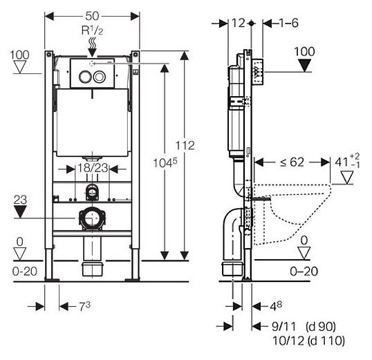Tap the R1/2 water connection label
click(92, 32)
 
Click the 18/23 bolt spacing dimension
click(91, 167)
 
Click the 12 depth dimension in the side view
click(239, 23)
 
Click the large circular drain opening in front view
click(91, 219)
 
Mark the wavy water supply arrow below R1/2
click(92, 47)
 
